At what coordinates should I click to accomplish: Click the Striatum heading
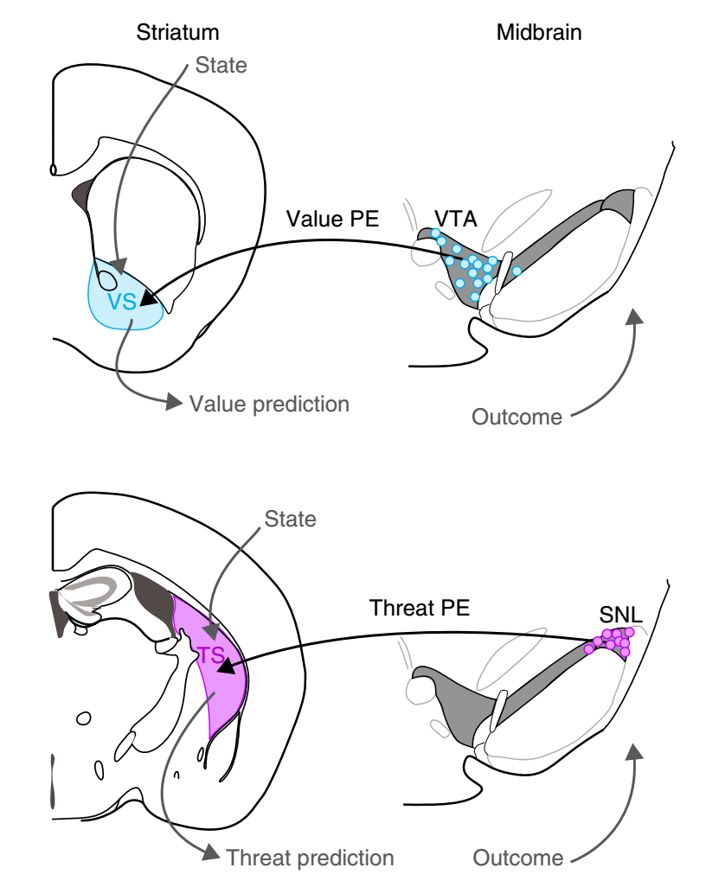tap(177, 33)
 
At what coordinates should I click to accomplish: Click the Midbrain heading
tap(538, 33)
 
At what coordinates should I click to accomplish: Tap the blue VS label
tap(122, 301)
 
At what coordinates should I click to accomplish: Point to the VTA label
tap(455, 216)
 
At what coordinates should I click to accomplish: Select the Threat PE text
tap(420, 608)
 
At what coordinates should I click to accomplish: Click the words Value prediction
tap(269, 404)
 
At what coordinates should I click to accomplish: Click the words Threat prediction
tap(310, 858)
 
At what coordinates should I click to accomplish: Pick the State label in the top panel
tap(221, 64)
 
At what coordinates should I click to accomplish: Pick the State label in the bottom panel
tap(290, 520)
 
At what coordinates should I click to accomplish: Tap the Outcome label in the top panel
tap(517, 417)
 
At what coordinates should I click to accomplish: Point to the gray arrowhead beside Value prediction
tap(174, 402)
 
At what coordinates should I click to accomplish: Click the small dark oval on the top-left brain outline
tap(54, 169)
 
